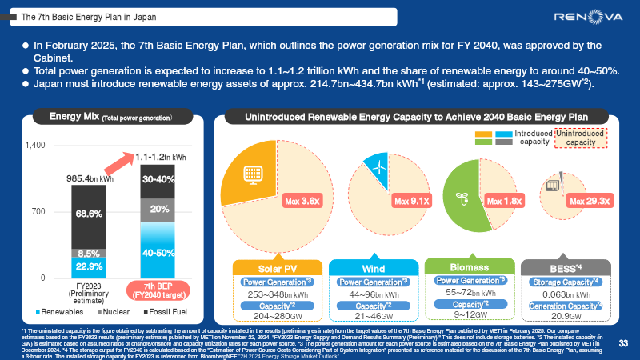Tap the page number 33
[625, 343]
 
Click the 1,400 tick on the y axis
[34, 146]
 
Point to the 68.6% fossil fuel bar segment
[89, 214]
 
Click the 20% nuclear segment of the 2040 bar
[158, 209]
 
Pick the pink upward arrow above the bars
[116, 165]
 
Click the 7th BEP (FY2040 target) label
[158, 290]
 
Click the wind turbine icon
[374, 166]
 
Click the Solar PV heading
[278, 267]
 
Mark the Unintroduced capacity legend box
[581, 138]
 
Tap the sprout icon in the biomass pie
[461, 196]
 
